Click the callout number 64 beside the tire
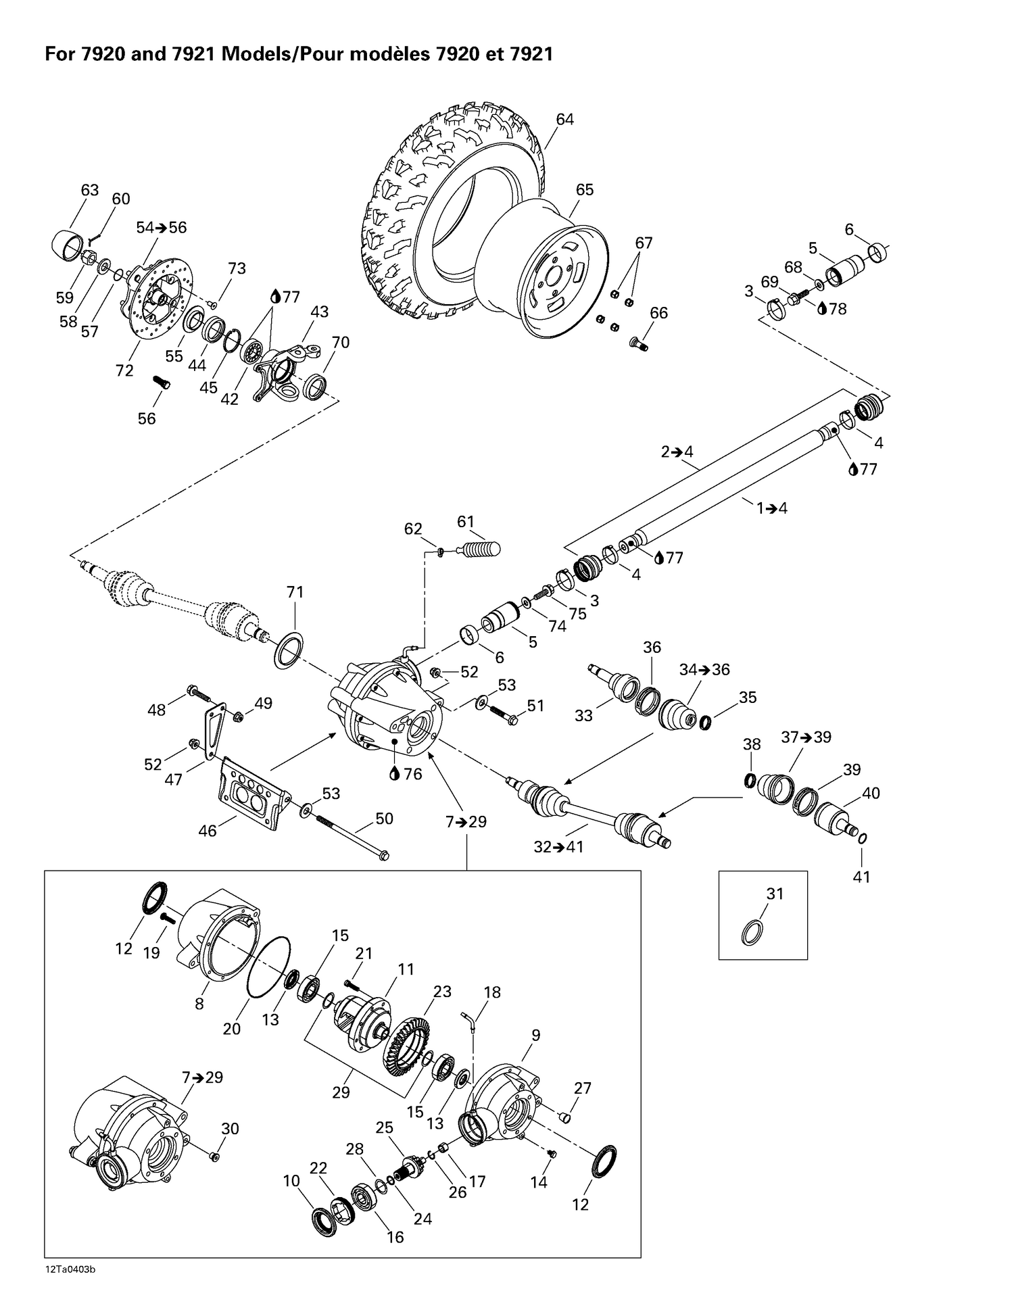(564, 120)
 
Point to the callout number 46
(208, 831)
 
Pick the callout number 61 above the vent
(466, 522)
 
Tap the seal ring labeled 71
(289, 650)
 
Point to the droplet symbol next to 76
(394, 774)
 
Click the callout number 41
(861, 877)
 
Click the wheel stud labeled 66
(638, 343)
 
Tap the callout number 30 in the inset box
(230, 1128)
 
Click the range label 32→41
(558, 846)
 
